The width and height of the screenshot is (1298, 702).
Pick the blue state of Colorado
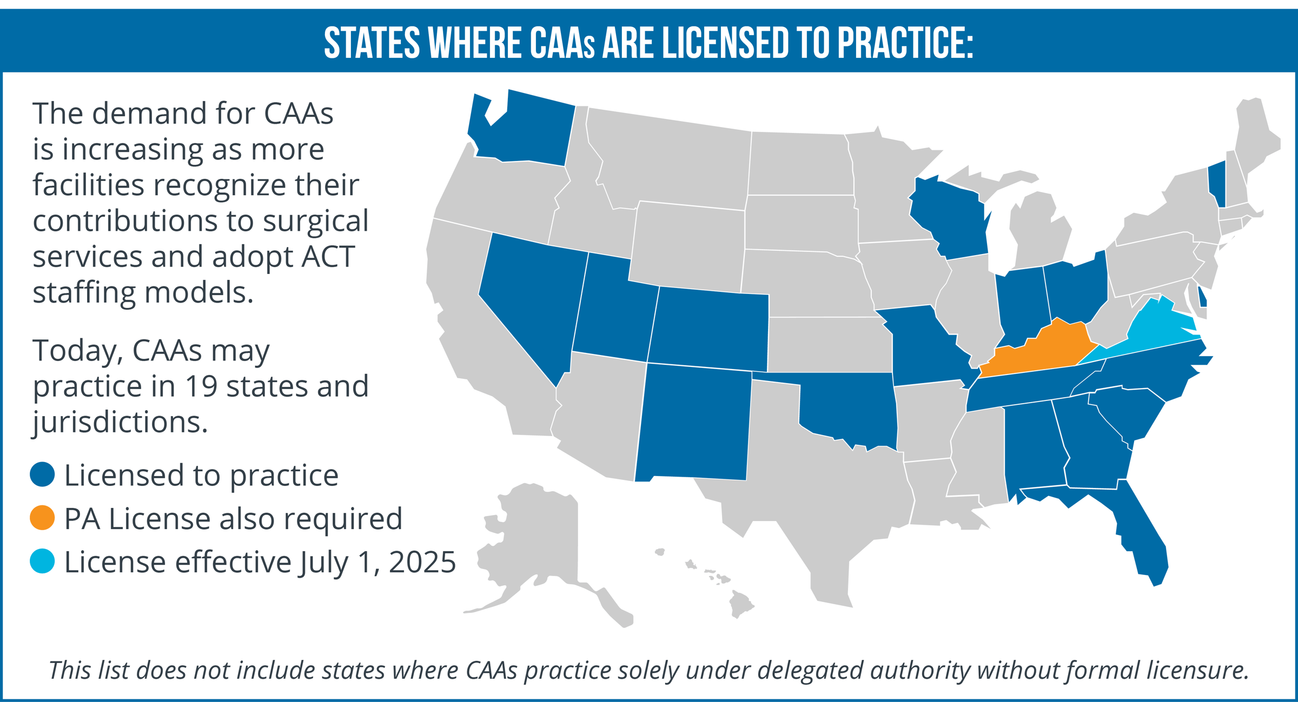(x=708, y=330)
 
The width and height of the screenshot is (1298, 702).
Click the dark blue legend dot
(x=42, y=474)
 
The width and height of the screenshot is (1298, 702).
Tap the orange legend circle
(x=42, y=518)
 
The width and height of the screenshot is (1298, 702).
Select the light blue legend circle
(x=42, y=561)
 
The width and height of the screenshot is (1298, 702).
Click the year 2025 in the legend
(x=422, y=562)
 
